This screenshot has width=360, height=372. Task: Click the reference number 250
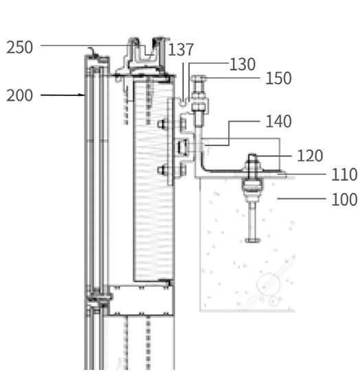(x=19, y=47)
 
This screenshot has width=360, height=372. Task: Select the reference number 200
(x=19, y=95)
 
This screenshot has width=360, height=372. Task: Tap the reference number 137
(x=181, y=49)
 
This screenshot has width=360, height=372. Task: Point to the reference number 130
(x=243, y=64)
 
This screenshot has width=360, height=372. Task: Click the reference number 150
(x=278, y=78)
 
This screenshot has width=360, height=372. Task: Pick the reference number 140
(x=278, y=121)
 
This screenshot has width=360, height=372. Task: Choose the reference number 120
(x=310, y=156)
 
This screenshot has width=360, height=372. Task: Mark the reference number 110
(x=344, y=174)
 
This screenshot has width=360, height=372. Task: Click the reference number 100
(x=344, y=199)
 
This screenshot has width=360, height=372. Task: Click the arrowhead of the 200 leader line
(x=82, y=95)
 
